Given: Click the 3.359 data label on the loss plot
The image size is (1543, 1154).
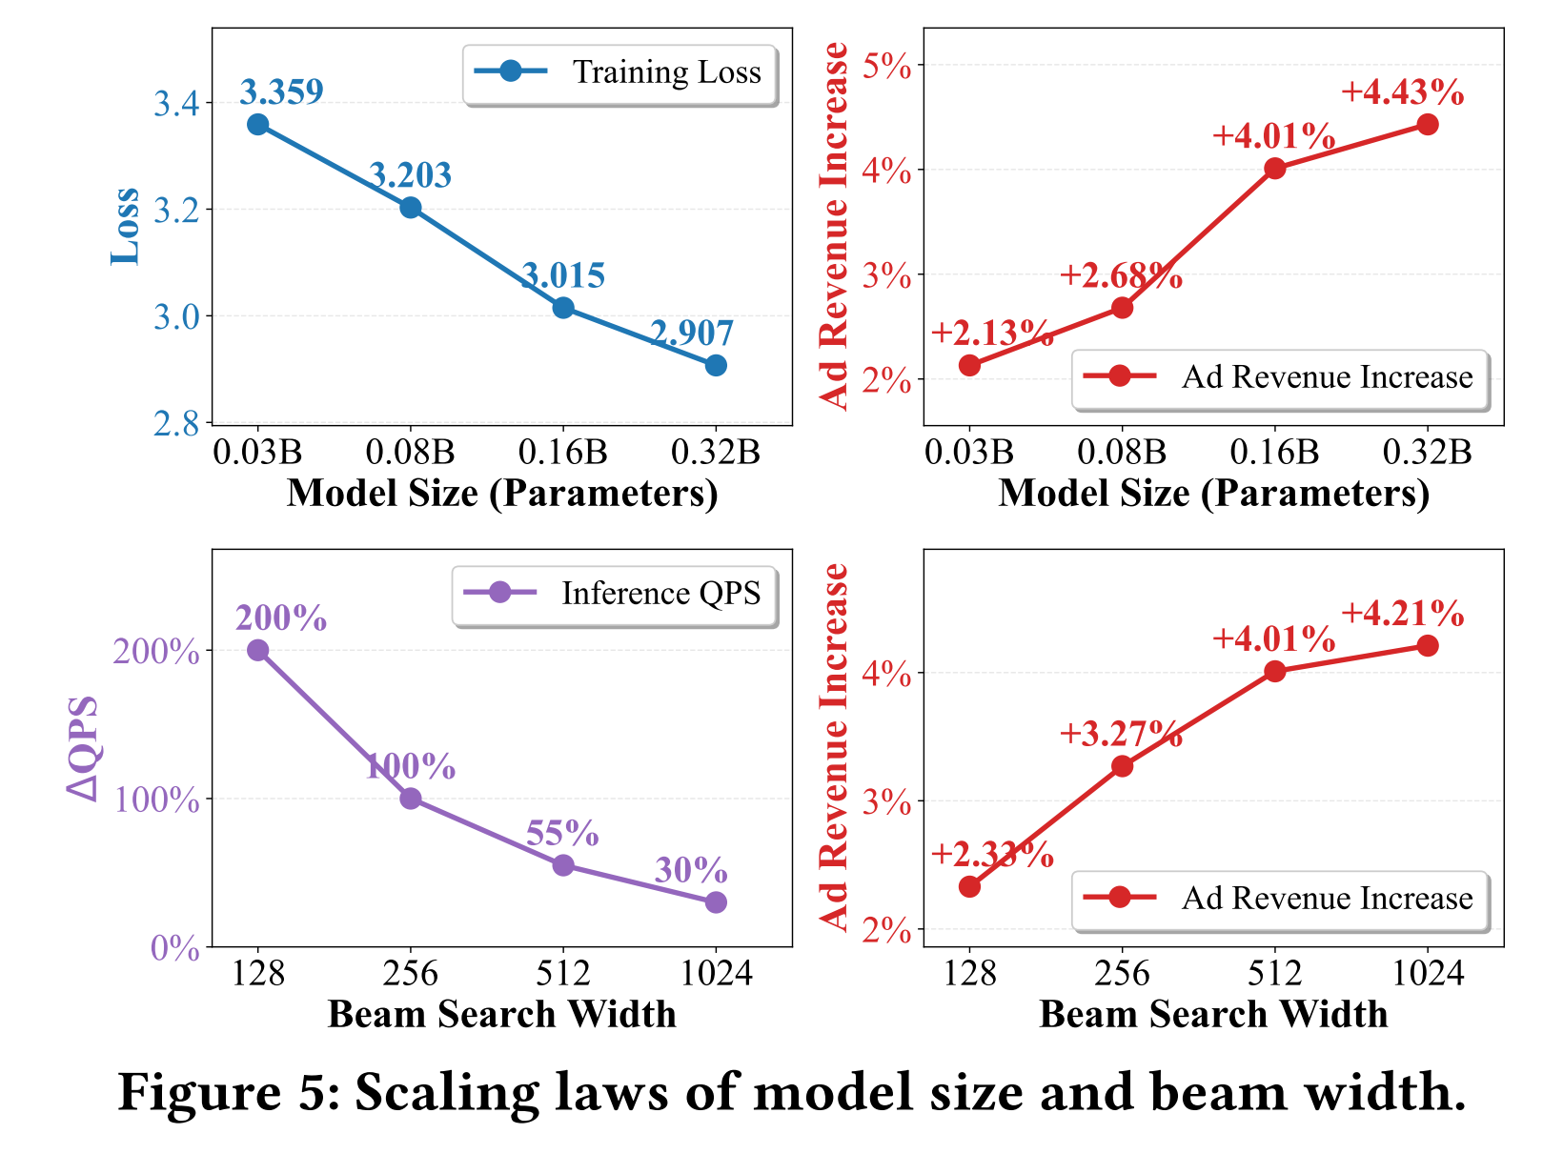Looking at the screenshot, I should [x=281, y=91].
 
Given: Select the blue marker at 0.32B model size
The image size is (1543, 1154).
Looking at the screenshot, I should [x=716, y=365].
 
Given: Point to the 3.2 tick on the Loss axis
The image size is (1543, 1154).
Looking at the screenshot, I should [x=176, y=210].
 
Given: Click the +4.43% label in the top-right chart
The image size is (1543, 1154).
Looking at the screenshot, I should [x=1402, y=92].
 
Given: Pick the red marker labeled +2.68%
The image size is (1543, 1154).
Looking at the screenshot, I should [x=1122, y=308].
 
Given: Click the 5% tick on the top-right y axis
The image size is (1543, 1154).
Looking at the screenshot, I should [x=886, y=67].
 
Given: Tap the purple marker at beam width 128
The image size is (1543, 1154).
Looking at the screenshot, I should [x=257, y=650].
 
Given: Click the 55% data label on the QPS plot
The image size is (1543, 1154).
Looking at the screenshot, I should [x=562, y=834].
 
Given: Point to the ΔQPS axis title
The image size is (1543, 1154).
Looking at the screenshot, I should [x=84, y=748].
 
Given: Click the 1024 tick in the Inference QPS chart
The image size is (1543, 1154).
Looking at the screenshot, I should [x=716, y=973].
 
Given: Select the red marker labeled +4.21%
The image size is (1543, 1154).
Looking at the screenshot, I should [x=1427, y=646].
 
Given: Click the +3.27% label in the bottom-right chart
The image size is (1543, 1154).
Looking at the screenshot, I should [x=1121, y=734].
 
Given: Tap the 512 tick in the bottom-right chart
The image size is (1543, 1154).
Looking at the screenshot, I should [x=1274, y=973].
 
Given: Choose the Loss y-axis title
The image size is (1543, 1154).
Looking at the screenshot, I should [x=126, y=226].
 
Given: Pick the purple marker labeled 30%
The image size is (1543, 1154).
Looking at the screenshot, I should [x=716, y=901].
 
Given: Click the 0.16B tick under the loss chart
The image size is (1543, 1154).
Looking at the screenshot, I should [x=562, y=452].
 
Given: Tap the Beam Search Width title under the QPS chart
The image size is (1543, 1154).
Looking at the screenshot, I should [x=501, y=1014].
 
